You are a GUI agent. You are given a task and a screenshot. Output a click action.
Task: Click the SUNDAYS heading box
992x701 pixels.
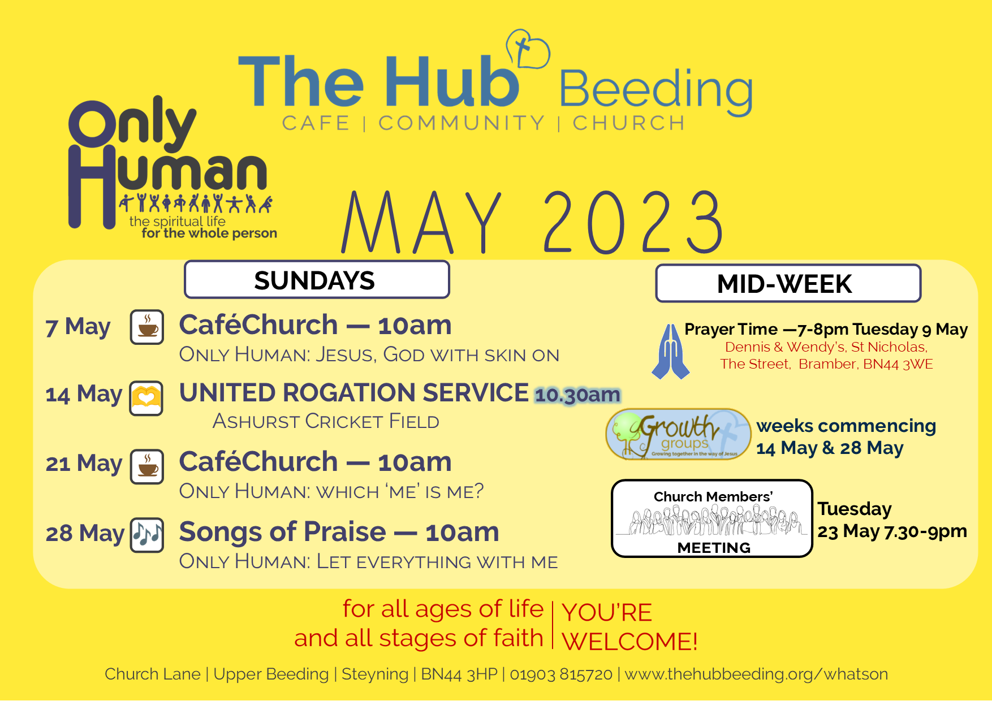click(x=317, y=279)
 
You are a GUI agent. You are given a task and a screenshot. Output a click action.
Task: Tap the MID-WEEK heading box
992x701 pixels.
click(x=788, y=283)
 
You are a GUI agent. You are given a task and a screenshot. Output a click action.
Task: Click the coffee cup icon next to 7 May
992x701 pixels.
click(x=147, y=327)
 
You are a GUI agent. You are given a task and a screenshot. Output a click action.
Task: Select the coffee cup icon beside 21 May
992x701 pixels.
click(x=147, y=466)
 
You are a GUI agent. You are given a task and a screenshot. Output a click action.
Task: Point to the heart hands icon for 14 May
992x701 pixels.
click(x=146, y=398)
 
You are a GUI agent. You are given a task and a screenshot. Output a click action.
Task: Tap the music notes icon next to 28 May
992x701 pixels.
click(x=147, y=535)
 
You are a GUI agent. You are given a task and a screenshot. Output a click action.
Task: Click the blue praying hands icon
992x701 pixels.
click(x=670, y=351)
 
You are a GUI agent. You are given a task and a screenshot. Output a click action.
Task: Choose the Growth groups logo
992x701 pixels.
click(x=678, y=434)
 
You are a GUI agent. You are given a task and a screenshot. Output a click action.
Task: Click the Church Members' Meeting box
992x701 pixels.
click(x=712, y=518)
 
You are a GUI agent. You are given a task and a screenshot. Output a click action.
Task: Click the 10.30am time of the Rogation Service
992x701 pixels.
click(x=577, y=395)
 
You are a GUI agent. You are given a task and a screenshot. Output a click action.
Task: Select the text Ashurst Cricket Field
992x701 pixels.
click(x=326, y=421)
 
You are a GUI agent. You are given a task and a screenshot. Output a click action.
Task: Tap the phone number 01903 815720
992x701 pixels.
click(x=561, y=674)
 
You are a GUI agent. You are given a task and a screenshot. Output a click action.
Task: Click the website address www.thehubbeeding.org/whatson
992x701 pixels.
click(x=756, y=674)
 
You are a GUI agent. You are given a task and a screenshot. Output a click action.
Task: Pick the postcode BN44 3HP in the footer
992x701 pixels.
click(x=459, y=674)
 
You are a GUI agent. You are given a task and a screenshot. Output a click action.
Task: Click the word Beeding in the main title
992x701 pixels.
click(x=656, y=90)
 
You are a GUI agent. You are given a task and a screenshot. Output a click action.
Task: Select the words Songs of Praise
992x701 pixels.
click(x=282, y=532)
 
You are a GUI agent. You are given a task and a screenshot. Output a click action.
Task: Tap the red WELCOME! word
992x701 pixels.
click(x=629, y=642)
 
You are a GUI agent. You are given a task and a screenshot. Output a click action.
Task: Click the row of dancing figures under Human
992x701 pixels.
click(x=196, y=203)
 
